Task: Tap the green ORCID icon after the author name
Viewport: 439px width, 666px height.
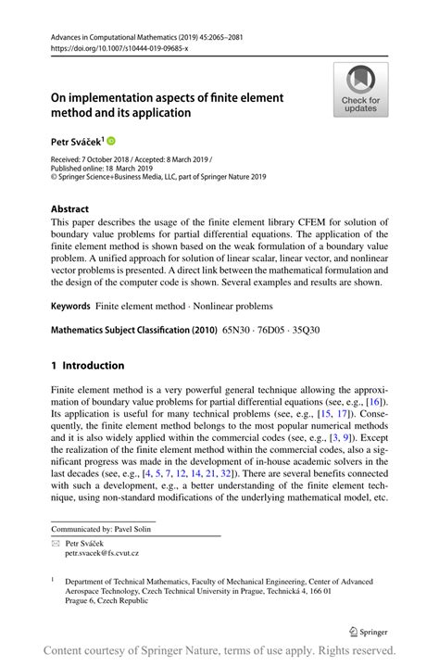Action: coord(112,142)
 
